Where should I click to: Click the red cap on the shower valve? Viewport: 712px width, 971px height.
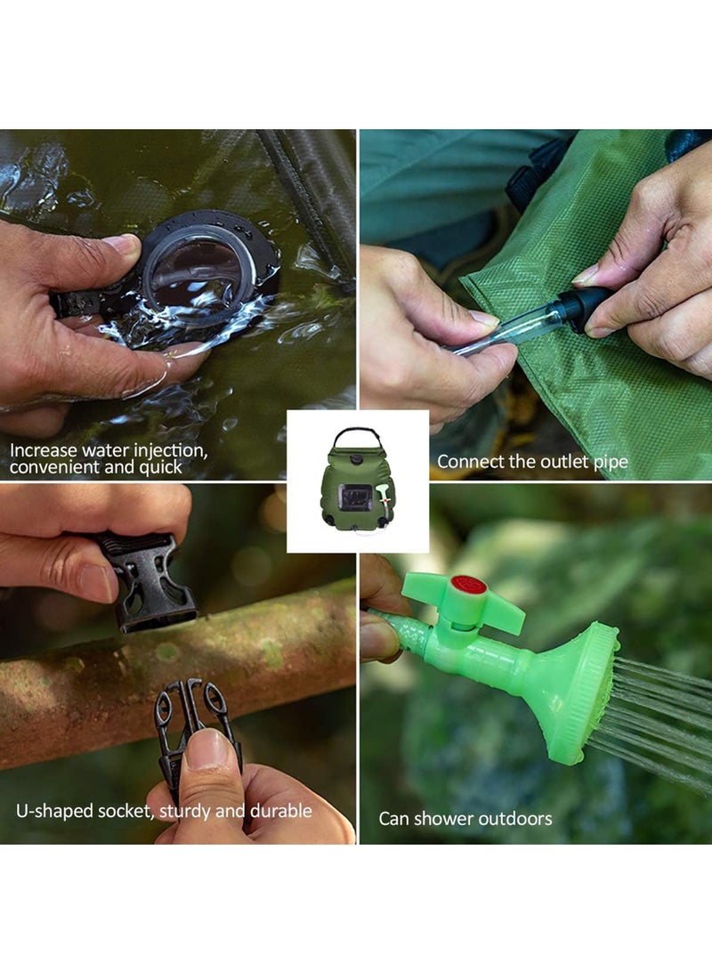(x=468, y=586)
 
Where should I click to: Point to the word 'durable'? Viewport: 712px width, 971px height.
(x=283, y=811)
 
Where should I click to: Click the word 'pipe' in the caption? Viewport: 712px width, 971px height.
(x=611, y=463)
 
